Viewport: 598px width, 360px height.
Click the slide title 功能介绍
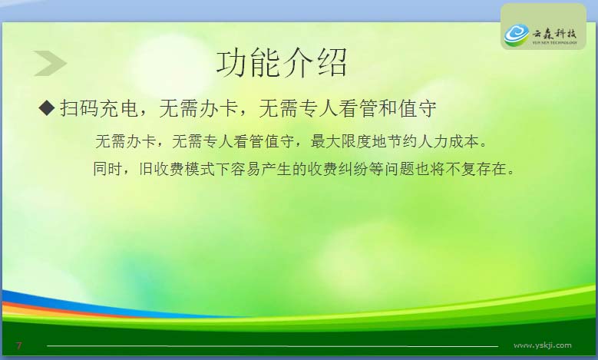[282, 63]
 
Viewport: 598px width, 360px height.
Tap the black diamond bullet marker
[47, 107]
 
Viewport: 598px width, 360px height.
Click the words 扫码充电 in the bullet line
[99, 108]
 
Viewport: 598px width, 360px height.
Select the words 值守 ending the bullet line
[417, 108]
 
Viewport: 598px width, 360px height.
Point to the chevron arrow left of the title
[51, 63]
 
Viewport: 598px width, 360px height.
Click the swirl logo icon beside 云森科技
[517, 35]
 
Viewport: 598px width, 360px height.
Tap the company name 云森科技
[554, 33]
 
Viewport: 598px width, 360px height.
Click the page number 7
[18, 346]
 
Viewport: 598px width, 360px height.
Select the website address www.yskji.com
[542, 345]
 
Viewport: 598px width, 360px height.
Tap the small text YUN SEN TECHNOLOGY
[554, 43]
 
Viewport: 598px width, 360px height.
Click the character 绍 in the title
[331, 63]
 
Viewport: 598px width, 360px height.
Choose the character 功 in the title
[233, 63]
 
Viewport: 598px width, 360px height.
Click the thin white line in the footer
[273, 346]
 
